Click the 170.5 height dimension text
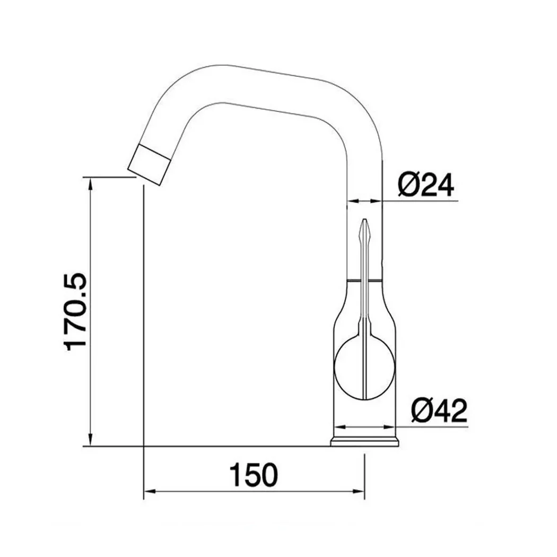tap(75, 311)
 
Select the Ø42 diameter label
tap(438, 411)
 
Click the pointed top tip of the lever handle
tap(364, 222)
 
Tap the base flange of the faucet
tap(365, 441)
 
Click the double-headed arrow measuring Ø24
tap(364, 201)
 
